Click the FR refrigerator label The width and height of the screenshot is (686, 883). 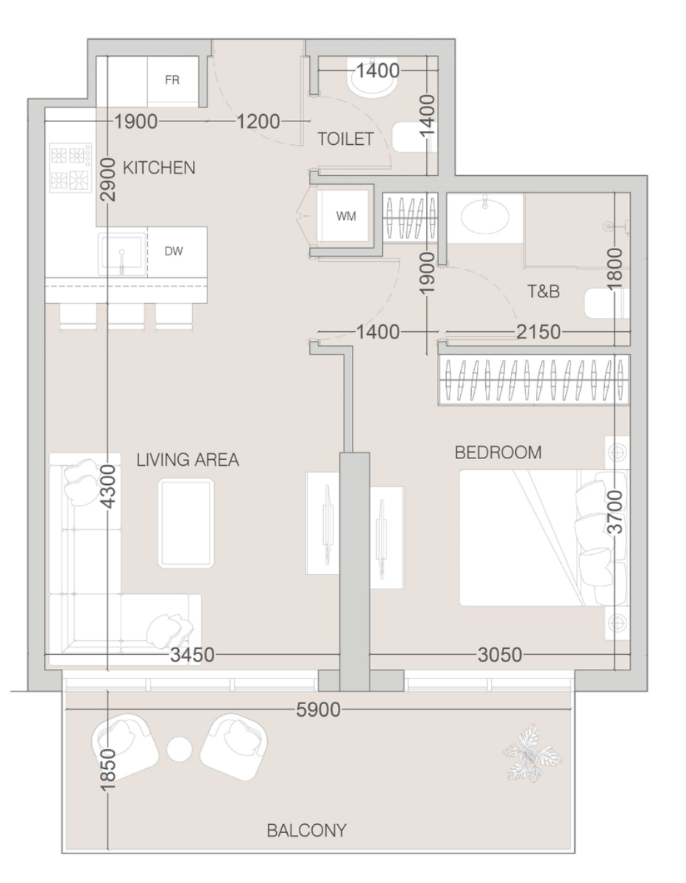coord(172,80)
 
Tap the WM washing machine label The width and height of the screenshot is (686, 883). coord(346,216)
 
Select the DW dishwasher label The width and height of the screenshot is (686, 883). coord(174,251)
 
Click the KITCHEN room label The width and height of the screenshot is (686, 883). coord(159,168)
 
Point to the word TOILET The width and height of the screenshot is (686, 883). coord(345,139)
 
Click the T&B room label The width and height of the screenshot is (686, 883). coord(543,291)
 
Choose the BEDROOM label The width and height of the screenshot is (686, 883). coord(498,453)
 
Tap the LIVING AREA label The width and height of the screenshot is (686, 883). coord(188,460)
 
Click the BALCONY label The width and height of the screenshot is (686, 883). coord(306,831)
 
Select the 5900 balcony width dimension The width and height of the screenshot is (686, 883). coord(318,710)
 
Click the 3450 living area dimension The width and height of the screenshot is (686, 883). coord(192,655)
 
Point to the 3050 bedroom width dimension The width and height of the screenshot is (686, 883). coord(500,655)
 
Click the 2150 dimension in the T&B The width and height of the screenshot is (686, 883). coord(539,332)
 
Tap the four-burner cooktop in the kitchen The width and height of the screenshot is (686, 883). coord(71,167)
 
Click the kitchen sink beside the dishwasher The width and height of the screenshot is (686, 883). coord(122,254)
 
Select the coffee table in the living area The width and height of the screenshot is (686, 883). coord(186,523)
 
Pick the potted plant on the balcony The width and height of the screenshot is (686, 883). coord(532,753)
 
